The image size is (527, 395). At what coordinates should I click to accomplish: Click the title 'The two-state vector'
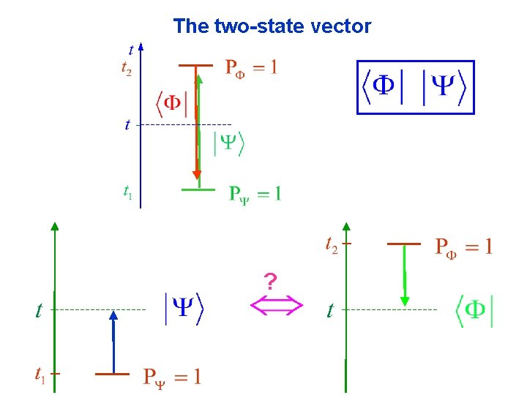tap(272, 27)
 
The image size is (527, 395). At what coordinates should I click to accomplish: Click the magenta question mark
tap(271, 281)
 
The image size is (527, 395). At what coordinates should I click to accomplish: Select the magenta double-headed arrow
tap(277, 306)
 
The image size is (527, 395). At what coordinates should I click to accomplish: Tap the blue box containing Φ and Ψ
tap(415, 88)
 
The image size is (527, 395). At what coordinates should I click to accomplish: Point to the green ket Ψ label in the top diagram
tap(228, 143)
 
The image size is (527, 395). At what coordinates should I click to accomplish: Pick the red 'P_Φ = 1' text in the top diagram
tap(250, 69)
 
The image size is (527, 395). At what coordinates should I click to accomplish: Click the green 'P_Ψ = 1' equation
tap(255, 195)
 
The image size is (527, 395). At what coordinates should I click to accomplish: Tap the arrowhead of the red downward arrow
tap(196, 173)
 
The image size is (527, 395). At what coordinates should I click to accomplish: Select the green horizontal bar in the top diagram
tap(198, 189)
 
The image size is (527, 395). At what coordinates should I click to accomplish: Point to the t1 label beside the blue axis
tap(127, 193)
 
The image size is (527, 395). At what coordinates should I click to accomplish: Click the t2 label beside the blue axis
tap(127, 69)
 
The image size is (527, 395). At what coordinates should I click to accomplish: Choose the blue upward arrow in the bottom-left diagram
tap(113, 342)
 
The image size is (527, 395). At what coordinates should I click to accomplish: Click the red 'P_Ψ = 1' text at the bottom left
tap(172, 378)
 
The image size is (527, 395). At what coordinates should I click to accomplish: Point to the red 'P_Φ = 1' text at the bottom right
tap(464, 246)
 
